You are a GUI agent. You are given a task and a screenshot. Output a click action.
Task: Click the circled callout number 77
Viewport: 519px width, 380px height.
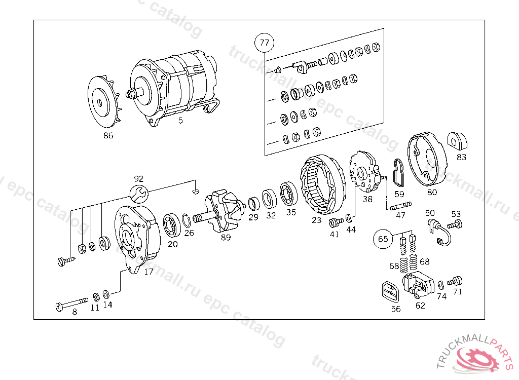tap(265, 43)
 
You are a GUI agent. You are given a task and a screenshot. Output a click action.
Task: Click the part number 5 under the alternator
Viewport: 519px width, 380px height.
tap(180, 121)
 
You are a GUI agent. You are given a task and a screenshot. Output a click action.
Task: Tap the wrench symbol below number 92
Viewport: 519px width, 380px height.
tap(138, 193)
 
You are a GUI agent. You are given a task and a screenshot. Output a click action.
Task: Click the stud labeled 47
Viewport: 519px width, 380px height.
tap(400, 206)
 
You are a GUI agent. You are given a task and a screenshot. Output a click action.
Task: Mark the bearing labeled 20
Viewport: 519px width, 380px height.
tap(172, 226)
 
